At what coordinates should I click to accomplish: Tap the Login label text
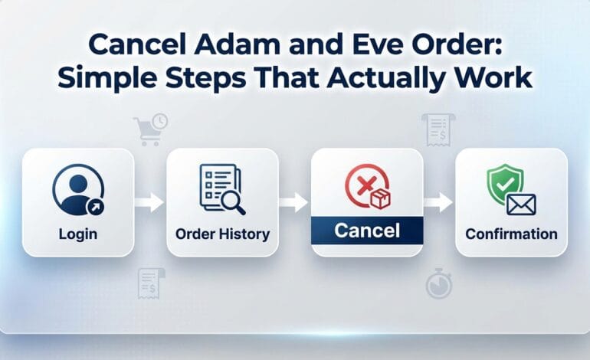[77, 233]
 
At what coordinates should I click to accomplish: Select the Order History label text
[221, 233]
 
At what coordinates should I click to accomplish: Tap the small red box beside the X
[380, 198]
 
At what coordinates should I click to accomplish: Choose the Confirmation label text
[511, 233]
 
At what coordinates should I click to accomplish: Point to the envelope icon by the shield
[521, 204]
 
